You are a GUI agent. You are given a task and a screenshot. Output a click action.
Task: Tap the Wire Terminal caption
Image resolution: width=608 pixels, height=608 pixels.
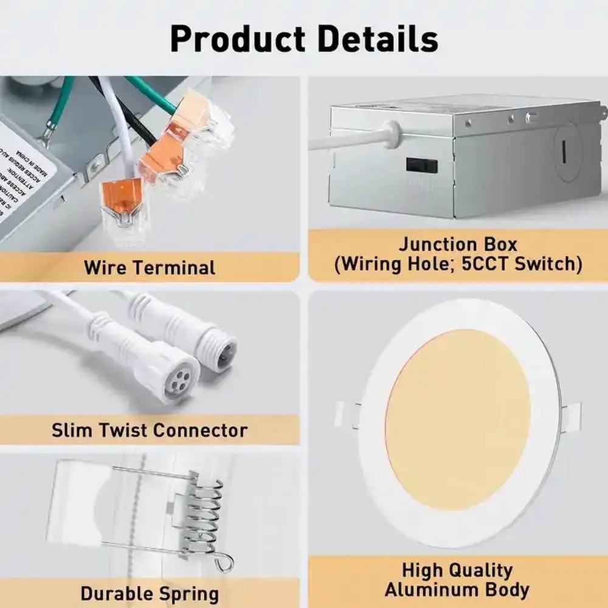pyautogui.click(x=150, y=267)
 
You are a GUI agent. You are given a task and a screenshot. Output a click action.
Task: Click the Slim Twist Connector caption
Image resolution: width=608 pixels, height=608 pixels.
pyautogui.click(x=150, y=430)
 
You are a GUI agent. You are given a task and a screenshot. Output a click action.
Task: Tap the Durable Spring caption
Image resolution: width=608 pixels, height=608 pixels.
pyautogui.click(x=150, y=593)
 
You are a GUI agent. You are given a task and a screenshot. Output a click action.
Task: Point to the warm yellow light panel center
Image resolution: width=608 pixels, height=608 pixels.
pyautogui.click(x=457, y=420)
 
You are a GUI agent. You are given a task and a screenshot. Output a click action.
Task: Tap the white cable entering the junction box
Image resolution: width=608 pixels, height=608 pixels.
pyautogui.click(x=353, y=139)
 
